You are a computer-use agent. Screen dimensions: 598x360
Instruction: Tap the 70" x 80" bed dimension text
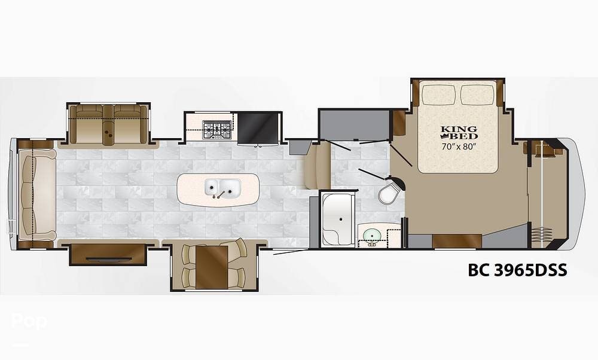point(459,147)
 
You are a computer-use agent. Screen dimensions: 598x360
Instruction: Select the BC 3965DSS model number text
point(517,270)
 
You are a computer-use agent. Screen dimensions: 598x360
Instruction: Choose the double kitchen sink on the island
point(222,188)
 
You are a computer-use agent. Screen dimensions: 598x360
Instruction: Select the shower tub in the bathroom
point(338,218)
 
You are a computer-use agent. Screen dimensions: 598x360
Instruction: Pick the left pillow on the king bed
point(440,94)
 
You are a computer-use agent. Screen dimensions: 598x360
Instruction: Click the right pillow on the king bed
point(478,94)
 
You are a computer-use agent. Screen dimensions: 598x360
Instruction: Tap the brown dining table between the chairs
point(212,267)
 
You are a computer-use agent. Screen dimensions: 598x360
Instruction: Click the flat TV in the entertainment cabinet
point(108,259)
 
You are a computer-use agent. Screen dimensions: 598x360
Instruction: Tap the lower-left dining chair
point(189,277)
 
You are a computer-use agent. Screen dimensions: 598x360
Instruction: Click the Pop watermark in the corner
point(29,321)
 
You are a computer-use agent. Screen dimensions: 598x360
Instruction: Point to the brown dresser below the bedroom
point(457,242)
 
